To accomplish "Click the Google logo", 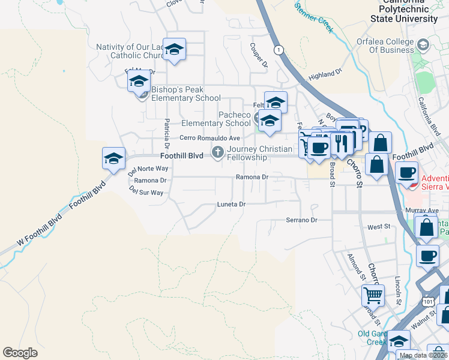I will (20, 353).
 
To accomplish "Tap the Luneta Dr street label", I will (231, 205).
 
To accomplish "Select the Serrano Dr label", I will (301, 220).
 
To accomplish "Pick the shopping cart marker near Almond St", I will (373, 295).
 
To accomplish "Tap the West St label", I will (379, 227).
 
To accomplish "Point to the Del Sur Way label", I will (146, 193).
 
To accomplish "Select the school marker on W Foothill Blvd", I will (113, 159).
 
